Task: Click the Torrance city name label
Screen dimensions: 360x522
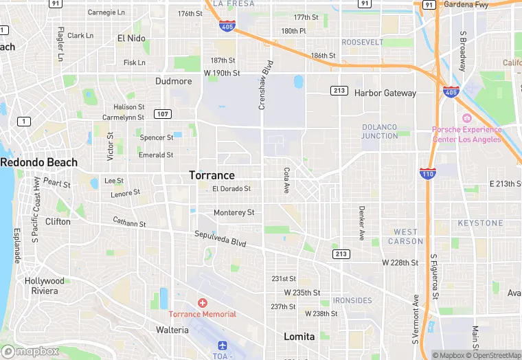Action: click(212, 175)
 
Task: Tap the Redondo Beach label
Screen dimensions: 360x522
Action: click(38, 162)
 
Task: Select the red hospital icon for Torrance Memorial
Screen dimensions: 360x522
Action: click(203, 303)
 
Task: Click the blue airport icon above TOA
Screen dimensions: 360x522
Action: click(222, 346)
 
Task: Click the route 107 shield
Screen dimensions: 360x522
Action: click(162, 113)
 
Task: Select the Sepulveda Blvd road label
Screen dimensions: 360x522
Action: click(220, 238)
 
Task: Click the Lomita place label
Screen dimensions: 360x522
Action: click(299, 337)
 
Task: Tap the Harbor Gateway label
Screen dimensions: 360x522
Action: click(385, 93)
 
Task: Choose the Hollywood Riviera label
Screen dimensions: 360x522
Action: click(45, 286)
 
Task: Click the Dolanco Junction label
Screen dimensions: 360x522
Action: click(380, 131)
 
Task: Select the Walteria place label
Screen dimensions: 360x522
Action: click(172, 330)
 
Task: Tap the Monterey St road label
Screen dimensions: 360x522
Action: click(234, 212)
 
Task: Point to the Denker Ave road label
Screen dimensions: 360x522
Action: click(361, 223)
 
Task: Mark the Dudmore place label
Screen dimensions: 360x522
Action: click(174, 81)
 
